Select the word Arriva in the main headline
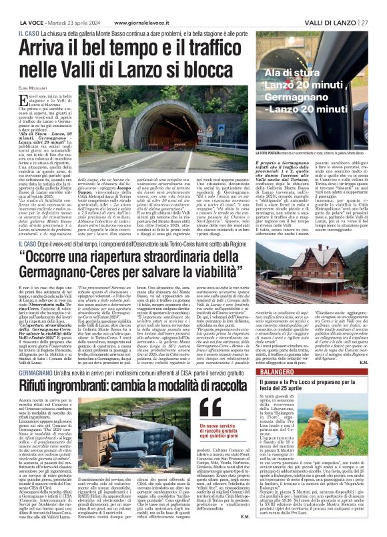click(50, 47)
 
